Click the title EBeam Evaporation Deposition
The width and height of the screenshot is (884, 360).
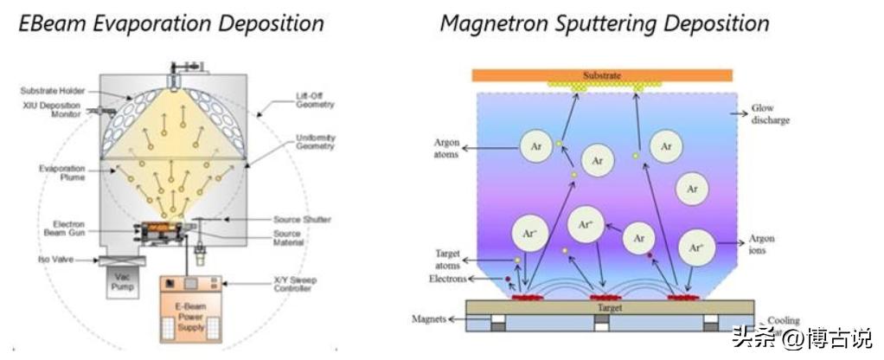click(172, 22)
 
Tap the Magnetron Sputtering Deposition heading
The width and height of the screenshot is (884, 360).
click(605, 22)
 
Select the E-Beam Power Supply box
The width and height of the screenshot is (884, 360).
click(190, 310)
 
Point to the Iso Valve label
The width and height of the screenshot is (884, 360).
click(55, 258)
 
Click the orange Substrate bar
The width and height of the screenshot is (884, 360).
click(603, 75)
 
